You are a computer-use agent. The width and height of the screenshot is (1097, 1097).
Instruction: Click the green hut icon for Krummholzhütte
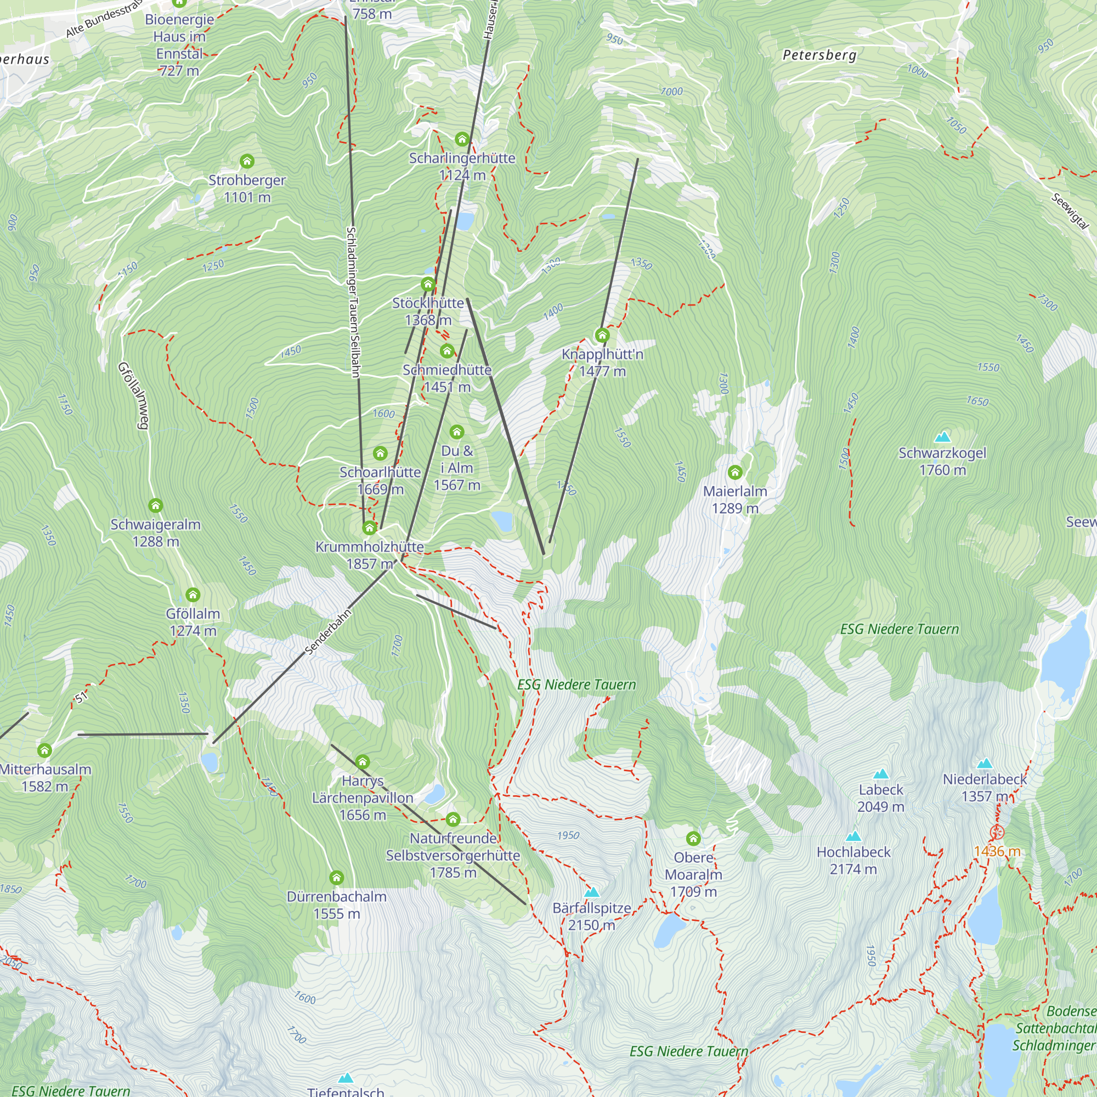tap(370, 528)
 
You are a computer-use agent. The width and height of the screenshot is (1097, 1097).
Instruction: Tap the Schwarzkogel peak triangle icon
tap(942, 437)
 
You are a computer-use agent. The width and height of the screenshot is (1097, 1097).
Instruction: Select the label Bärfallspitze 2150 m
tap(592, 917)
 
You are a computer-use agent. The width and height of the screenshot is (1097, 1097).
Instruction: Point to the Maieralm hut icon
tap(735, 472)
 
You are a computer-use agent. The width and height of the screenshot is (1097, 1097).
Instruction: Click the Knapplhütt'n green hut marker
tap(602, 335)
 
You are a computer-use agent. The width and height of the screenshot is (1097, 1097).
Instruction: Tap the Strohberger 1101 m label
tap(247, 189)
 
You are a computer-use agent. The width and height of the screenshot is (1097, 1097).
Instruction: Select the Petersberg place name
tap(819, 55)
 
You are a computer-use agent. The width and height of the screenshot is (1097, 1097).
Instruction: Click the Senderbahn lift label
tap(329, 632)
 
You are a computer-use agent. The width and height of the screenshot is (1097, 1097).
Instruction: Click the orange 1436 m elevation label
tap(997, 852)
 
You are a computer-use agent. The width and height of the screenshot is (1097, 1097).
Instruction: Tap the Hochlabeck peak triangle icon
tap(853, 836)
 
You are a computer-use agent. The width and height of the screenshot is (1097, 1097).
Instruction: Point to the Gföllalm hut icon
tap(193, 595)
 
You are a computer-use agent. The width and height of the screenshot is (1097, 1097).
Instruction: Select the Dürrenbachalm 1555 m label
tap(337, 905)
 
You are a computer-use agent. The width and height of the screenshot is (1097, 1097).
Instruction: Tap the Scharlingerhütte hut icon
tap(462, 139)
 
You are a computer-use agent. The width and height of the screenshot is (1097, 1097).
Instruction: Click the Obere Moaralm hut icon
tap(693, 838)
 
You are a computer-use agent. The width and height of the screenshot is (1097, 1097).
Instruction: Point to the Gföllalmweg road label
tap(133, 396)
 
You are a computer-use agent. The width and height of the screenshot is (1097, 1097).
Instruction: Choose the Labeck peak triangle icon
tap(881, 774)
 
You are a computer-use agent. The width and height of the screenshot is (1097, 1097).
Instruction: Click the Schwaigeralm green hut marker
tap(156, 505)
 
